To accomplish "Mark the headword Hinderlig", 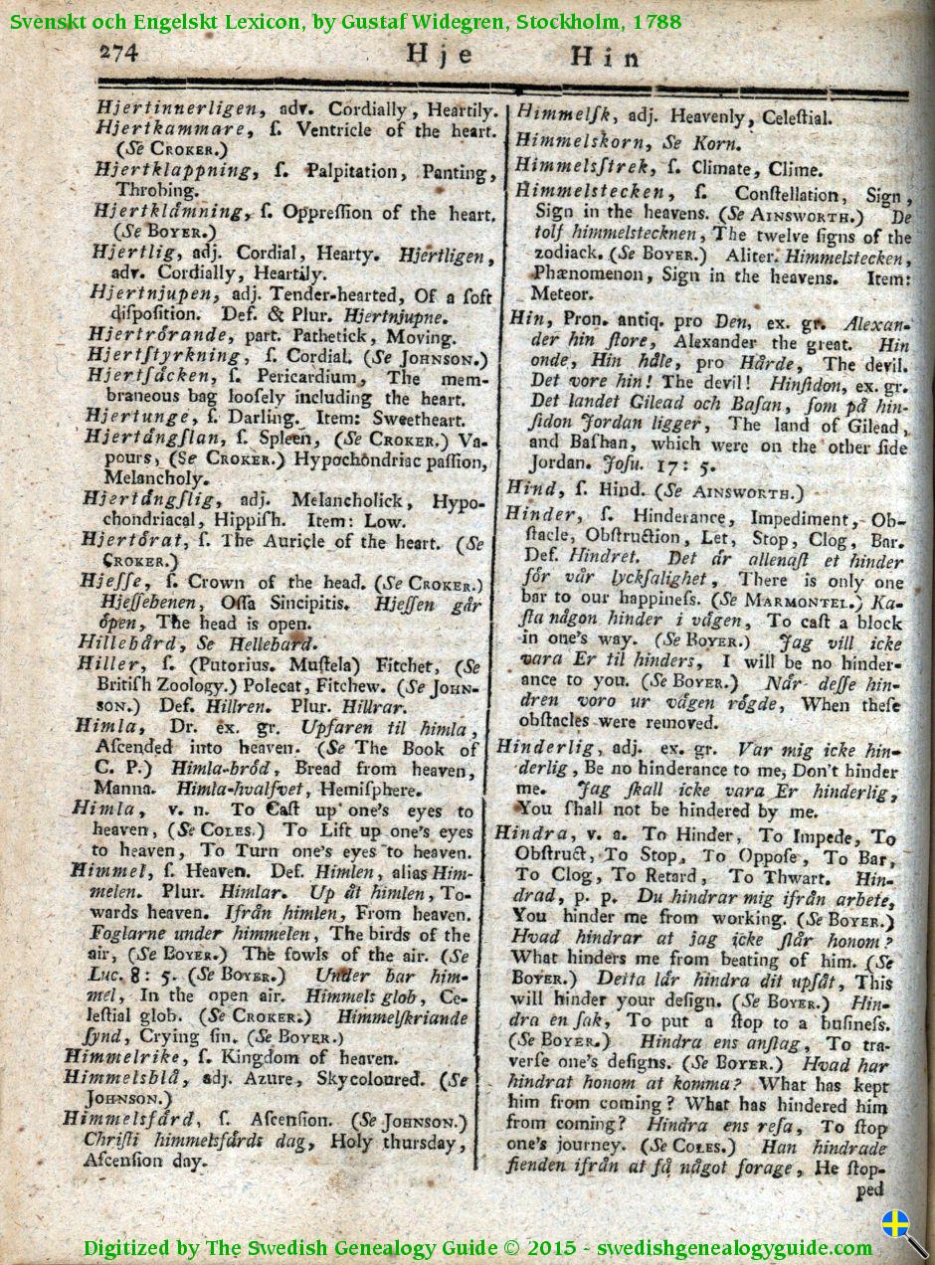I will pos(545,747).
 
